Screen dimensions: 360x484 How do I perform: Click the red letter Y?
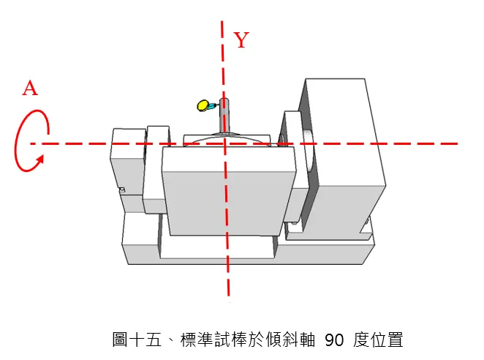pyautogui.click(x=242, y=41)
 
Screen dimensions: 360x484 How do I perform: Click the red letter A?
pyautogui.click(x=30, y=89)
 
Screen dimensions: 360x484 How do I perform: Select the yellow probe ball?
pyautogui.click(x=203, y=105)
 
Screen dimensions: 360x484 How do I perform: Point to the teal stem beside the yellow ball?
pyautogui.click(x=212, y=106)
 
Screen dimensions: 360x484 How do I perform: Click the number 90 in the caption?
pyautogui.click(x=333, y=340)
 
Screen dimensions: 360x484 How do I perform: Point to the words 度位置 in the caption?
pyautogui.click(x=377, y=340)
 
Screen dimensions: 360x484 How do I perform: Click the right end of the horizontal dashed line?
pyautogui.click(x=457, y=143)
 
